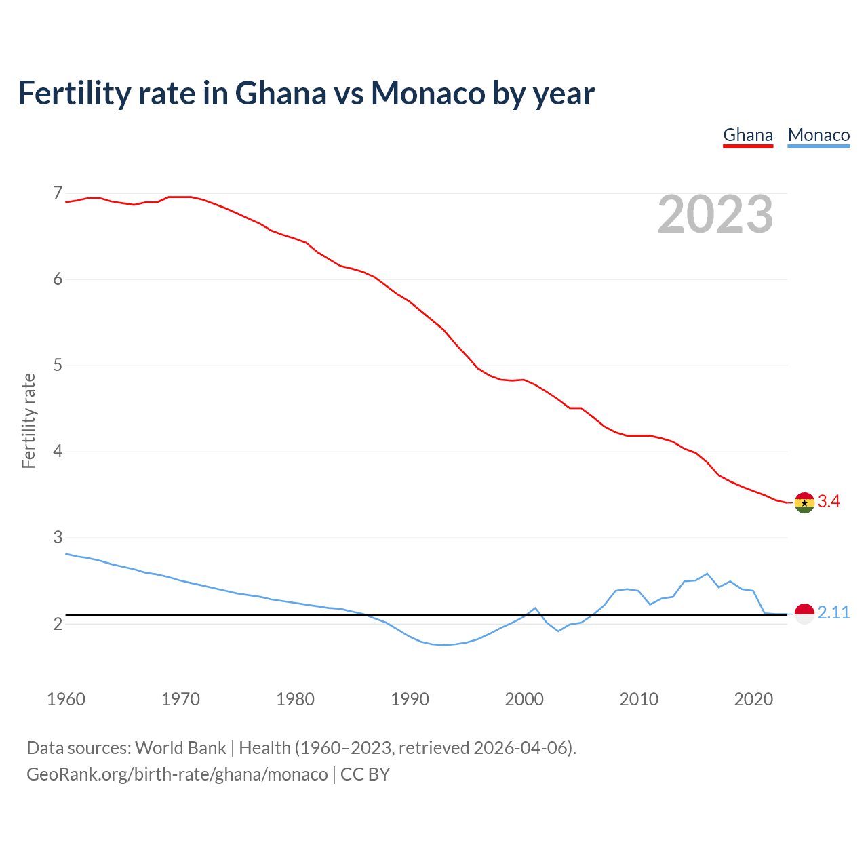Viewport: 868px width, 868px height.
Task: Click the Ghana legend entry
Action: coord(748,135)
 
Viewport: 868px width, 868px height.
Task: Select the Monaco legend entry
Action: coord(818,135)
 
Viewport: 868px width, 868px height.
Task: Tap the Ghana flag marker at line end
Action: coord(804,502)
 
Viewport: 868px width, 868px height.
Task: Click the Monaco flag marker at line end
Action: coord(804,613)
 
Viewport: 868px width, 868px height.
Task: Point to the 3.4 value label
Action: coord(829,502)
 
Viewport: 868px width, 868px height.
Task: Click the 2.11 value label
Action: coord(833,613)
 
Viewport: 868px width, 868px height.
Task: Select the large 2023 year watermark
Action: coord(715,214)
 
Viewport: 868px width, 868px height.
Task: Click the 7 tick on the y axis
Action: coord(58,193)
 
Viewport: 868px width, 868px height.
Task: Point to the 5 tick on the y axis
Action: coord(58,366)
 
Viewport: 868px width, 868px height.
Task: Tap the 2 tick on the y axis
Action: coord(58,624)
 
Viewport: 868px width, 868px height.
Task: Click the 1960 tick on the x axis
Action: coord(66,699)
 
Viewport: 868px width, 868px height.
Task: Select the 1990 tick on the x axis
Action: coord(410,699)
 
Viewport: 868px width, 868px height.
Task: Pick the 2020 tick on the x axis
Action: coord(753,699)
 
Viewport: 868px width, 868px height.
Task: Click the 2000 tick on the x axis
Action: coord(524,699)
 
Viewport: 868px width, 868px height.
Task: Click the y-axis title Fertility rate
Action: coord(28,420)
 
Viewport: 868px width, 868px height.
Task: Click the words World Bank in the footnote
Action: coord(180,748)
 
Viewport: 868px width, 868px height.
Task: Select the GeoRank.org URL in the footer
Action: coord(177,774)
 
